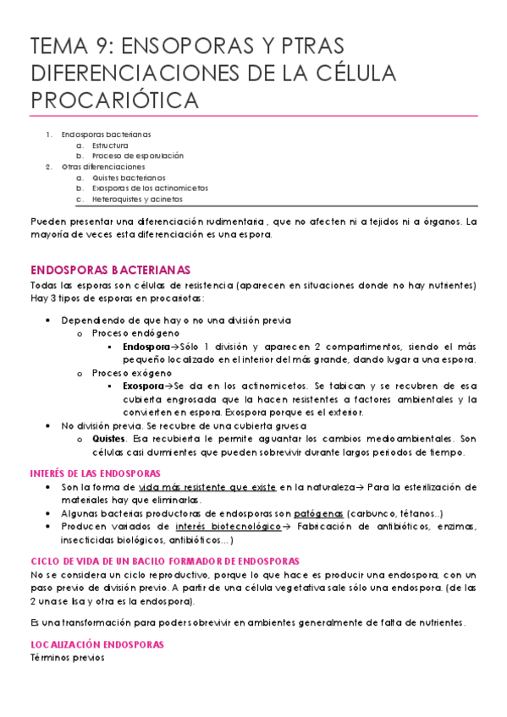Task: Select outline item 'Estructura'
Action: pyautogui.click(x=111, y=145)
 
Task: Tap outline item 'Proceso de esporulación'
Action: pyautogui.click(x=137, y=156)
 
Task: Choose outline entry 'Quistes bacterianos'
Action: pyautogui.click(x=129, y=178)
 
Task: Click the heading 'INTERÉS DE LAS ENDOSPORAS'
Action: pyautogui.click(x=96, y=473)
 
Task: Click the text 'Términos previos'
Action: pyautogui.click(x=67, y=658)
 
